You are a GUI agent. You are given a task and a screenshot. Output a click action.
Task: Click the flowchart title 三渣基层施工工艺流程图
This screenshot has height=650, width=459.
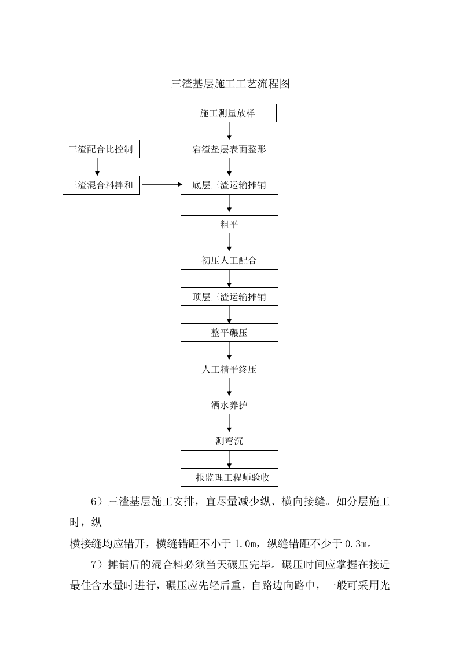[x=230, y=84]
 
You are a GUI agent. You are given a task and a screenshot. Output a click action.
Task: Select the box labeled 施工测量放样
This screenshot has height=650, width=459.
[x=227, y=114]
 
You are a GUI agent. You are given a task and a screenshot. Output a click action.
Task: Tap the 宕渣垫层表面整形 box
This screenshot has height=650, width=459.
[x=229, y=149]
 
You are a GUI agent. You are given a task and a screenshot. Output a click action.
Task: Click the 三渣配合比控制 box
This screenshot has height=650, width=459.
[x=101, y=149]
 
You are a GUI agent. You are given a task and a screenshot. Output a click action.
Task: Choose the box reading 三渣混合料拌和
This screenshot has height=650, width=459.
[x=101, y=185]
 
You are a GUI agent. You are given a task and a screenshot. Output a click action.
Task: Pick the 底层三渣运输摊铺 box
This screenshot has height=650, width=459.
[x=229, y=185]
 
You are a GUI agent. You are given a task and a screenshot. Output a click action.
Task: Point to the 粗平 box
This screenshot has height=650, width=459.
[x=229, y=224]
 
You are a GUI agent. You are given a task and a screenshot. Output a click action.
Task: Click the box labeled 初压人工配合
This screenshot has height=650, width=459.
[x=229, y=261]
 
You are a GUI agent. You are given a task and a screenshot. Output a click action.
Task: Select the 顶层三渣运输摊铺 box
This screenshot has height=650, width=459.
[x=229, y=297]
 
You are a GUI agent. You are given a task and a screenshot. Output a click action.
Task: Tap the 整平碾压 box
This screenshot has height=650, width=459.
[x=229, y=333]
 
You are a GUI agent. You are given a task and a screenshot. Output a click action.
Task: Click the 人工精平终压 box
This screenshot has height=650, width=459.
[x=229, y=369]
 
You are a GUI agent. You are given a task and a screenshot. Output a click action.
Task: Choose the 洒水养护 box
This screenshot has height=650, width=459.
[x=229, y=405]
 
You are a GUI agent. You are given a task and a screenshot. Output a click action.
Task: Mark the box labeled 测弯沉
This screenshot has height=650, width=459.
[x=229, y=441]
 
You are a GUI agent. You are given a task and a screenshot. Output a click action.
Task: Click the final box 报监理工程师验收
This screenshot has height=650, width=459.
[x=229, y=477]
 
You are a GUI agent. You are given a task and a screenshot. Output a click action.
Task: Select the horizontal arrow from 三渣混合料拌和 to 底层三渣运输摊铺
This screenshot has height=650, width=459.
[x=161, y=185]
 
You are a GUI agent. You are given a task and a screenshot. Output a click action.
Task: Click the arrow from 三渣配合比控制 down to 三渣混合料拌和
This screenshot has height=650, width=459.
[x=97, y=167]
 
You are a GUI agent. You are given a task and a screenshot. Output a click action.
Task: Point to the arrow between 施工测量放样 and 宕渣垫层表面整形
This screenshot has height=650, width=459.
[x=229, y=131]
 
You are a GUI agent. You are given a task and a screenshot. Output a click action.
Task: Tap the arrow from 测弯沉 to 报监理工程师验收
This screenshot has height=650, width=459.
[x=229, y=459]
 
